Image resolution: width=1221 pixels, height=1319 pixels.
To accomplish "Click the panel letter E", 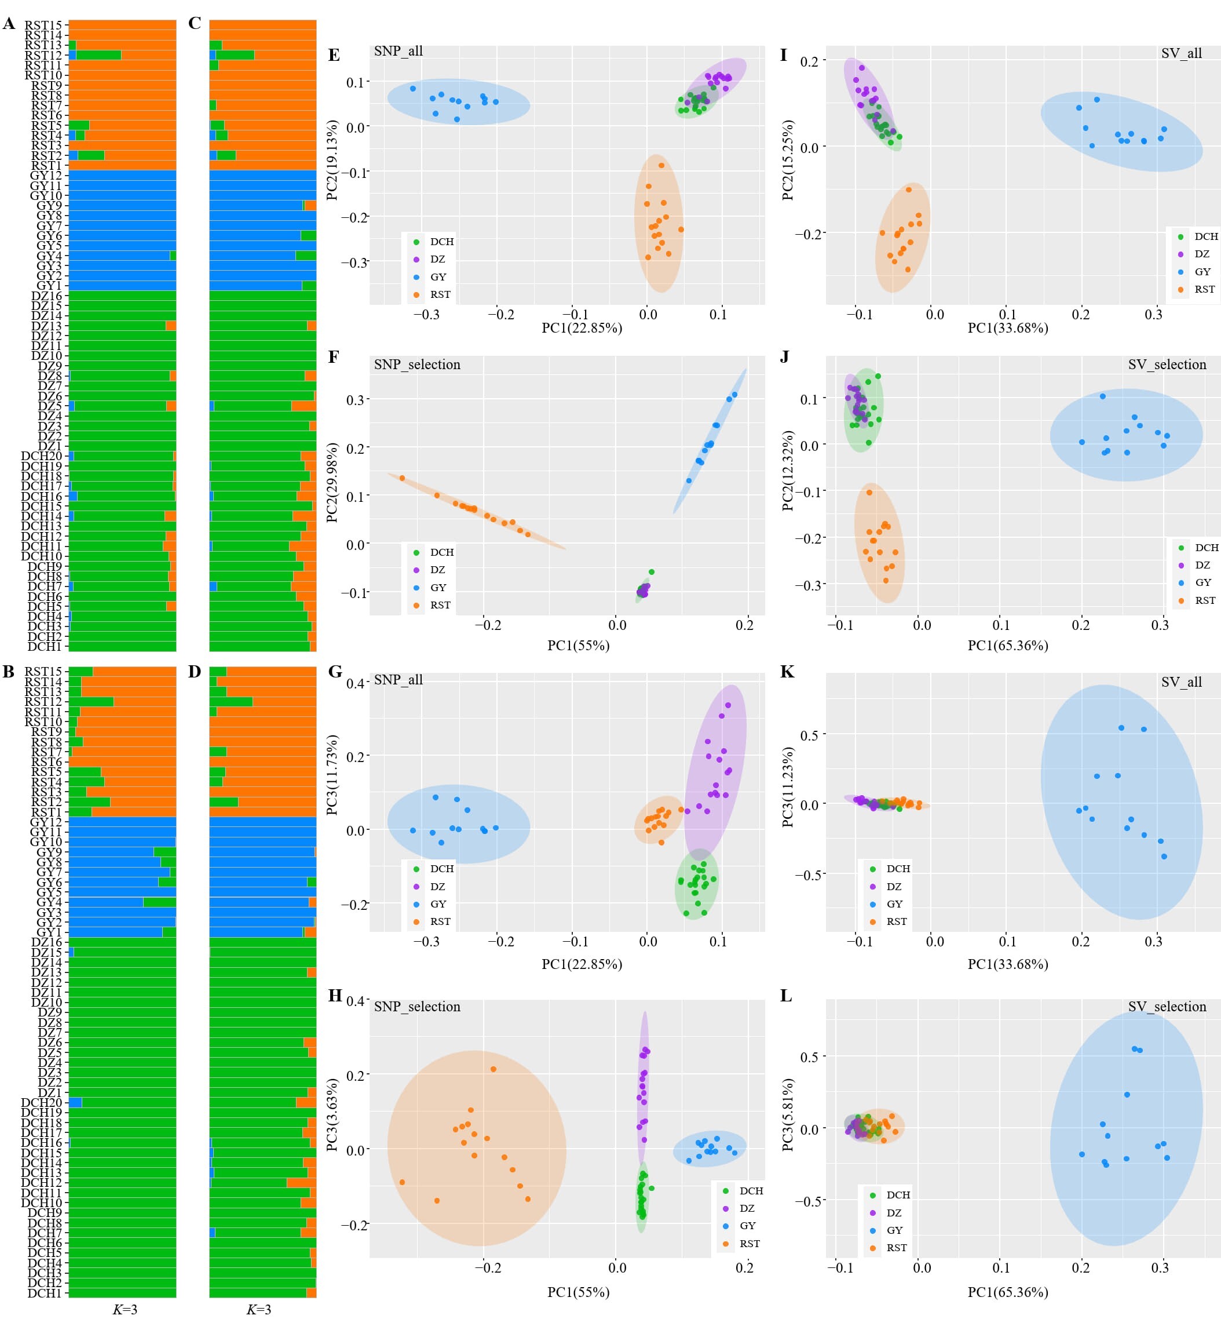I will point(334,55).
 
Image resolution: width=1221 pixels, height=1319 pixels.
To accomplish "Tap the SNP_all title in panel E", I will point(398,51).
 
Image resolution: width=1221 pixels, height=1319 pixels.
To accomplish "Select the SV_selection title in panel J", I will point(1167,365).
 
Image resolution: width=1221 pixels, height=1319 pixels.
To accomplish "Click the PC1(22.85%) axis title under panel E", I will point(582,328).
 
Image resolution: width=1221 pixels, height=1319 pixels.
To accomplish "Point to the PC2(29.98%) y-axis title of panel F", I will point(332,482).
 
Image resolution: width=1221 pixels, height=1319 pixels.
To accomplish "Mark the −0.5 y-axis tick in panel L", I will point(809,1200).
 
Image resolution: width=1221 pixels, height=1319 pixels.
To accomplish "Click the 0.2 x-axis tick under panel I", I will point(1080,314).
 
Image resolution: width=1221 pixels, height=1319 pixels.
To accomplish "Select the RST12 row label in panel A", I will point(43,55).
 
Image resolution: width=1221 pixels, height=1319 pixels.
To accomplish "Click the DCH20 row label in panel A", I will point(41,456).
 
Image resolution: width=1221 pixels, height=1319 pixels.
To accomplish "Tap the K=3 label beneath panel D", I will point(258,1309).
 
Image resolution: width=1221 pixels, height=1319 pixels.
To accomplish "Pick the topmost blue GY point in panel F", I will point(734,395).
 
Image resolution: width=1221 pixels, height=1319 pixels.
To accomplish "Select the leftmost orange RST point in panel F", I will point(402,478).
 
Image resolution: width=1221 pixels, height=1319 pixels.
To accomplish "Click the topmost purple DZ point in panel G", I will point(728,705).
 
